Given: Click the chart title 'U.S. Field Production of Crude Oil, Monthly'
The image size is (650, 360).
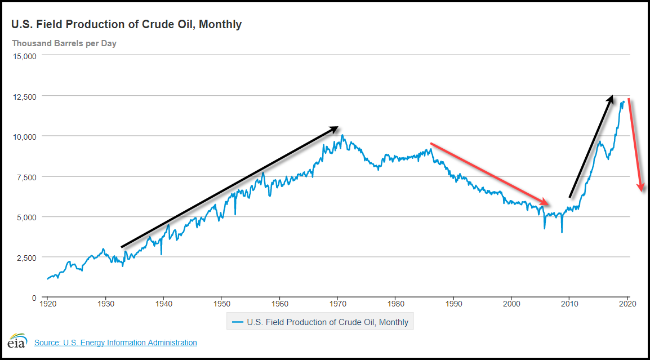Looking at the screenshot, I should [x=127, y=24].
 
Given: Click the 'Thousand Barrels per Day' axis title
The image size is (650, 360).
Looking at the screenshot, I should [x=64, y=43].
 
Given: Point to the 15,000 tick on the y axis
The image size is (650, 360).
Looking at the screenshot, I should [x=24, y=56].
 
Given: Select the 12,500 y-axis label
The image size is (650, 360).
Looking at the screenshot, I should [x=24, y=96].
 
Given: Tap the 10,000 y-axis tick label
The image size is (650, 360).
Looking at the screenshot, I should [x=24, y=136].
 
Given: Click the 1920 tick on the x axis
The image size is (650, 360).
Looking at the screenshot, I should [x=47, y=304].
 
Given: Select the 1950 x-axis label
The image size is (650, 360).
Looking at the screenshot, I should [x=221, y=304].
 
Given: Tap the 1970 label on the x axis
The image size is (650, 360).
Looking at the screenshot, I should [x=337, y=304].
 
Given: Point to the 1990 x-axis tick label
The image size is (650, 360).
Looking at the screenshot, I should [x=453, y=304].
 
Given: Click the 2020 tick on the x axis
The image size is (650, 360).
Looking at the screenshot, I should [x=627, y=304].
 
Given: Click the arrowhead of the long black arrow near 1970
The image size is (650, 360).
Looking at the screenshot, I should [x=335, y=128].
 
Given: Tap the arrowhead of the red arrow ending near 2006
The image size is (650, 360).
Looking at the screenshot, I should [x=546, y=203].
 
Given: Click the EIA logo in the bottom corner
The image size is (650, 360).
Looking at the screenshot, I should [x=16, y=342].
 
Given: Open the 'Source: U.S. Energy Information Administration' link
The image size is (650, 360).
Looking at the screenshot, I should [x=115, y=343].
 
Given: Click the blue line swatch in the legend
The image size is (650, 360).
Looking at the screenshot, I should [x=238, y=322].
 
